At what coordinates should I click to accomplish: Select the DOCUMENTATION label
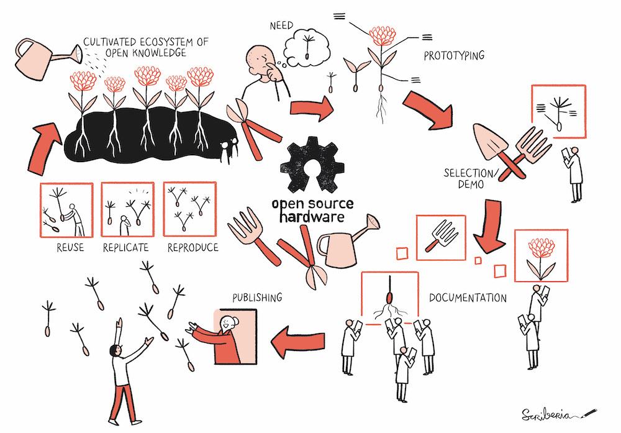pos(468,298)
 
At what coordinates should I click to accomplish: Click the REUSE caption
pos(66,248)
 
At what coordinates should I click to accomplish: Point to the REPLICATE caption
pos(126,248)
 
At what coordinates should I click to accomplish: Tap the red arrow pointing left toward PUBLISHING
pos(299,340)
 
